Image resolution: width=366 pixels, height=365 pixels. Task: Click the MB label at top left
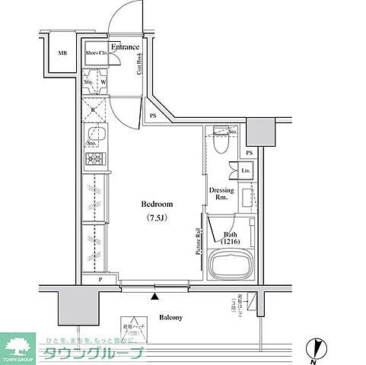click(x=62, y=52)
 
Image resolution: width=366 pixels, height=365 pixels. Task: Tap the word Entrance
click(x=125, y=47)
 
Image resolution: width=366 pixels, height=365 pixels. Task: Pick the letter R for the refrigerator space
click(x=92, y=109)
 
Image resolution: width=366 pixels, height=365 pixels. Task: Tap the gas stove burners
click(x=94, y=158)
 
